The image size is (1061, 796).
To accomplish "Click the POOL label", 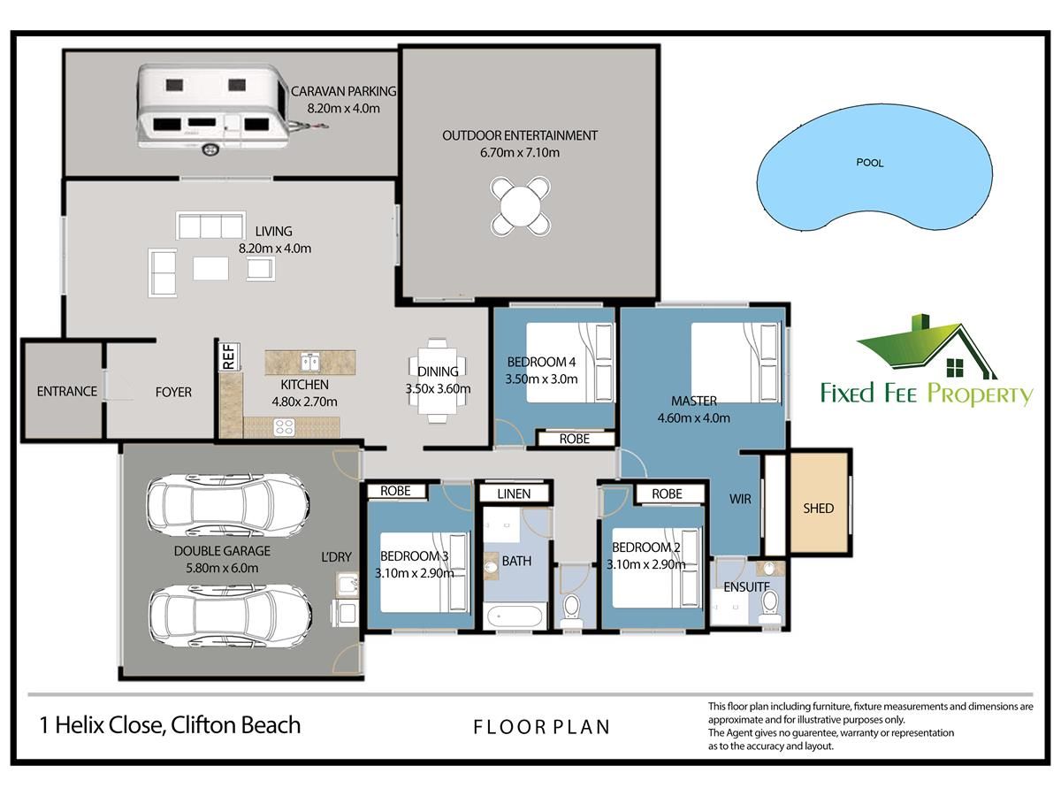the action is coord(870,163).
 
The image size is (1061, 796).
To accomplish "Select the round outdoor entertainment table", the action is coord(520,206).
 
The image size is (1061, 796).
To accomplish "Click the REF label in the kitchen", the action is coord(229,356).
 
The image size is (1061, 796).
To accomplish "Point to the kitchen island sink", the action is coord(309,362).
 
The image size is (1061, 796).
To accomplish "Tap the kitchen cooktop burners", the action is coord(284,427).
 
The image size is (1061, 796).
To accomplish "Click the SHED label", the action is coord(819,508).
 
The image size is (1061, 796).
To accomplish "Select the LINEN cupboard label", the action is coord(514,494).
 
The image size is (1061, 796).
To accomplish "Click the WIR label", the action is coord(740,499).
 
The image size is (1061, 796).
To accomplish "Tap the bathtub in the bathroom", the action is coord(515,616).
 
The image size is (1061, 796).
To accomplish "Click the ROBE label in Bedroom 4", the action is coord(574,439).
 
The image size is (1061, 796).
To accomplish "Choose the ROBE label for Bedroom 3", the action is coord(395,491).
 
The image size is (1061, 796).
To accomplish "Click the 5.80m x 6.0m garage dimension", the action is coord(222,568).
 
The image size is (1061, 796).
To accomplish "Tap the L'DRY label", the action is coord(337,557).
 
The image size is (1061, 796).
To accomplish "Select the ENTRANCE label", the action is coord(66,391).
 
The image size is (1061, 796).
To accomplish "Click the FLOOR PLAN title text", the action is coord(541,727).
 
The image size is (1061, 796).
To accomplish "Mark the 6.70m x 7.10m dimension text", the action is coord(520,152).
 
